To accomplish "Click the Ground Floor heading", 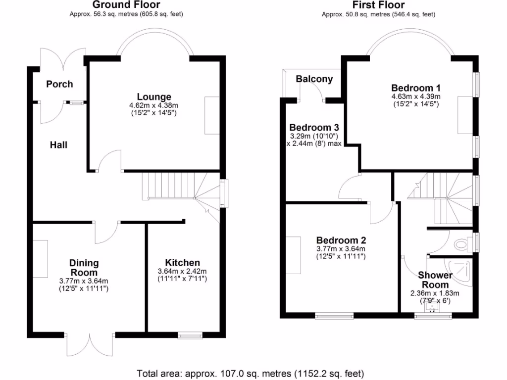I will [126, 5].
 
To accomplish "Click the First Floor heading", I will [378, 5].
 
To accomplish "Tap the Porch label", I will [59, 84].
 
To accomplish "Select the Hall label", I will [58, 145].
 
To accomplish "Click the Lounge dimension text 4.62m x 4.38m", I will [154, 105].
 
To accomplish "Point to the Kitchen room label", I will [182, 262].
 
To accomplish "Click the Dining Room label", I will [84, 268].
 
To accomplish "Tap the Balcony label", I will [314, 79].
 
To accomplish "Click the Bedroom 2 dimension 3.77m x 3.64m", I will [341, 249].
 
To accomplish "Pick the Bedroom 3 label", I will [314, 127].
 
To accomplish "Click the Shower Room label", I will [435, 280].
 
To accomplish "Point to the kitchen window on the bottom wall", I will [190, 335].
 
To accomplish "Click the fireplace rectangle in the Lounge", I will [212, 115].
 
